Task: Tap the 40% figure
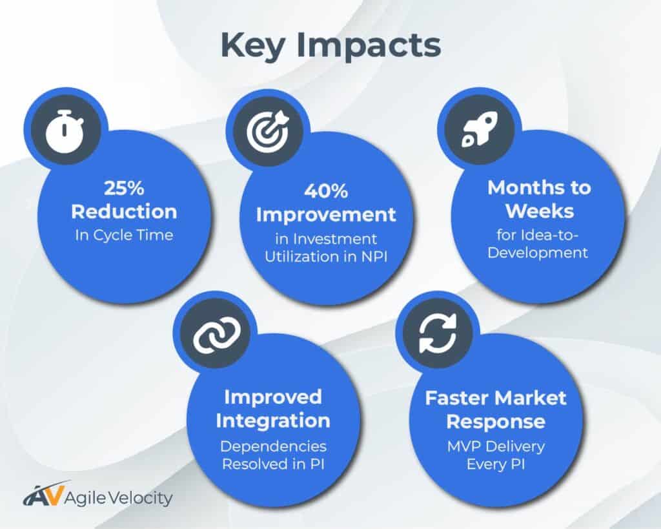(326, 191)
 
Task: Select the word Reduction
(124, 211)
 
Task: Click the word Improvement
(326, 214)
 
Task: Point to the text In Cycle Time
(123, 235)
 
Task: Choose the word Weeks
(538, 211)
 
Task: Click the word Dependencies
(273, 446)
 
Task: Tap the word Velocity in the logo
(146, 499)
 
